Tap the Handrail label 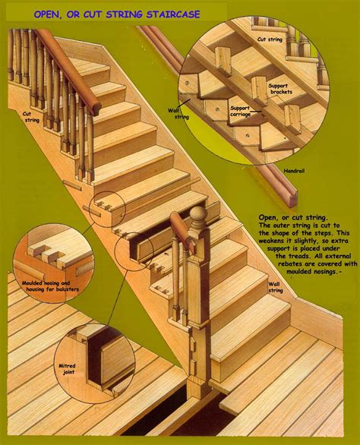293,172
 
